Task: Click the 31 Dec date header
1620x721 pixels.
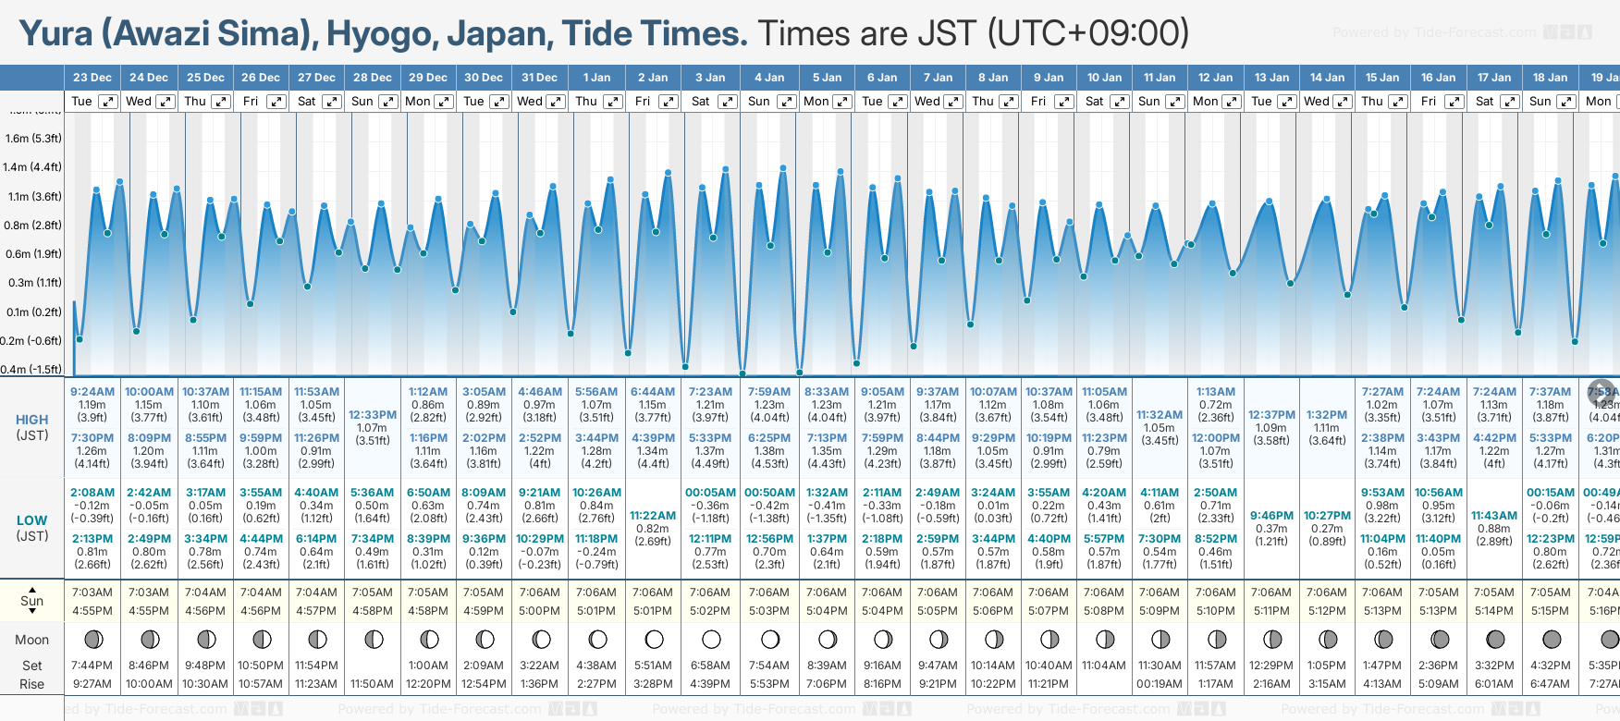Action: pyautogui.click(x=539, y=78)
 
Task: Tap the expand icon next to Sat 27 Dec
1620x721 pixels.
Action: pyautogui.click(x=331, y=102)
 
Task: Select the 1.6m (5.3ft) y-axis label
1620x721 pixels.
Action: pyautogui.click(x=33, y=139)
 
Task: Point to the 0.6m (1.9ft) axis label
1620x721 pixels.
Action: pyautogui.click(x=33, y=254)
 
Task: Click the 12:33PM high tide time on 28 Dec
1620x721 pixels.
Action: pyautogui.click(x=373, y=415)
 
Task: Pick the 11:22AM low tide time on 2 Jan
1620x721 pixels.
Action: pyautogui.click(x=653, y=516)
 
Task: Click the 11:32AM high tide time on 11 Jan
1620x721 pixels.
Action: pyautogui.click(x=1160, y=415)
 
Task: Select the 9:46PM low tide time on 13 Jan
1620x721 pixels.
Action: pyautogui.click(x=1271, y=516)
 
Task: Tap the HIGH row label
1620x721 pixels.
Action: pyautogui.click(x=32, y=420)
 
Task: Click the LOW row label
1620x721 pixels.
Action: pyautogui.click(x=32, y=520)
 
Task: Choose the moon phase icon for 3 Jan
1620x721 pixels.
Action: pyautogui.click(x=711, y=639)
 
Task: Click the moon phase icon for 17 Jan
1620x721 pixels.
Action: pyautogui.click(x=1494, y=639)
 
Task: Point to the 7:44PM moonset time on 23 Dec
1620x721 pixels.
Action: pyautogui.click(x=92, y=666)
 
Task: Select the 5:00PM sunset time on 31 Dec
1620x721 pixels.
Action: pyautogui.click(x=539, y=611)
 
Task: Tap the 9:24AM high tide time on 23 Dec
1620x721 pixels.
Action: pyautogui.click(x=92, y=392)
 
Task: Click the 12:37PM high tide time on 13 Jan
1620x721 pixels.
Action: pyautogui.click(x=1271, y=415)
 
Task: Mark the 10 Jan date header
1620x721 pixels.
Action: pyautogui.click(x=1104, y=78)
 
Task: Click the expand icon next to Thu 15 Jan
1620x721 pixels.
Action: pyautogui.click(x=1398, y=102)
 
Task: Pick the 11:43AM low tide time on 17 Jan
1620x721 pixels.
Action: pyautogui.click(x=1494, y=516)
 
